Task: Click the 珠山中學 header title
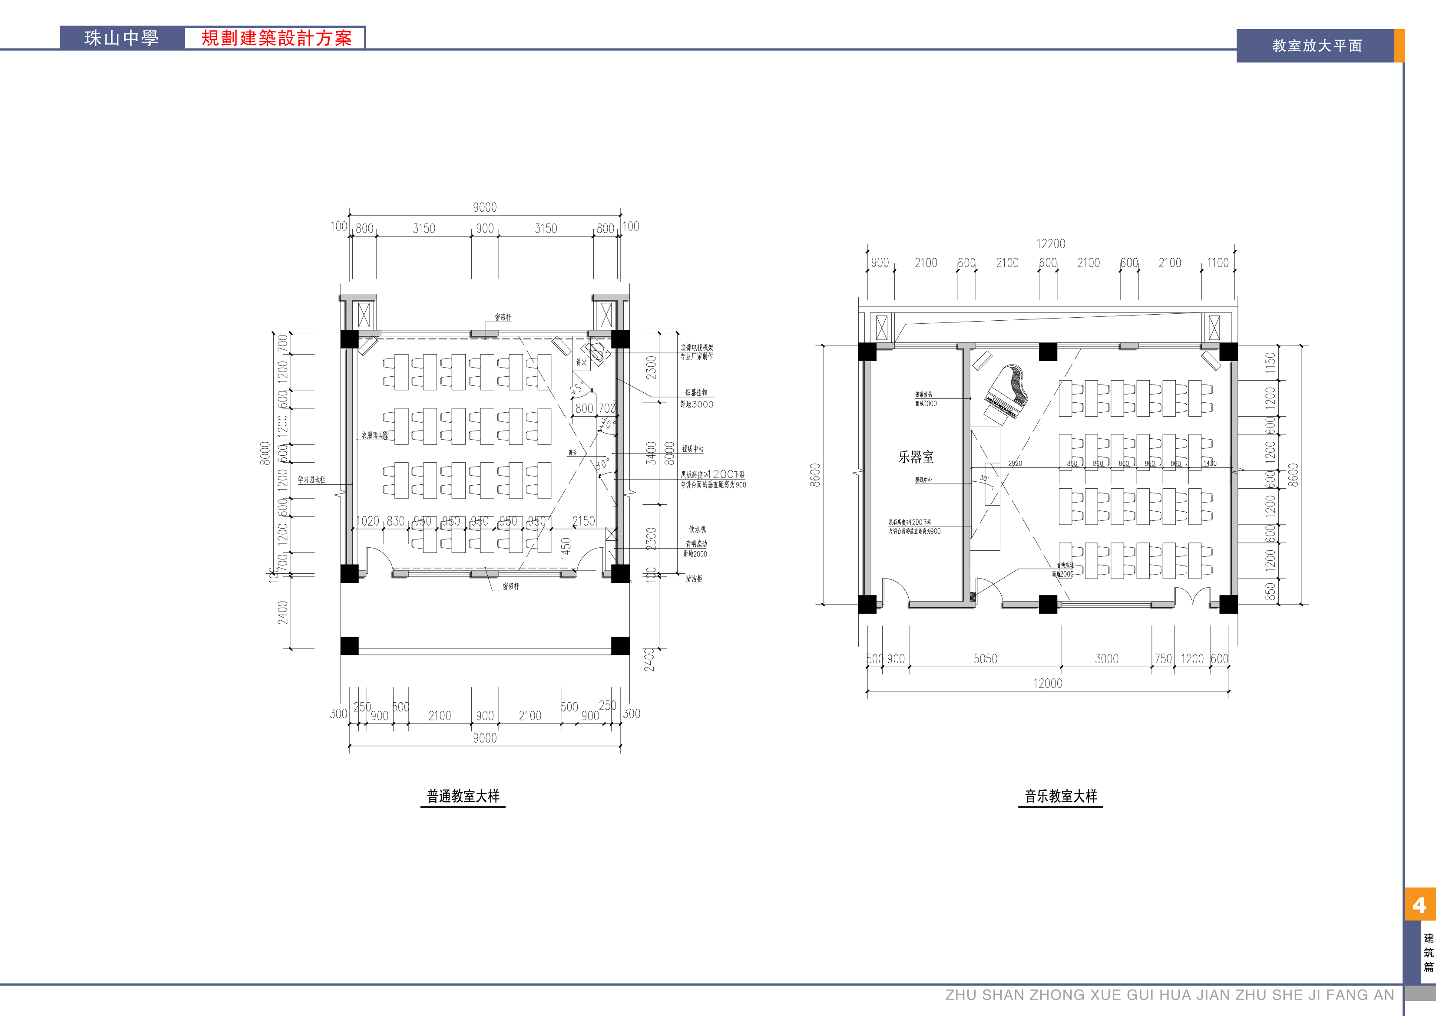122,38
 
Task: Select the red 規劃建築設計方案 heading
276,38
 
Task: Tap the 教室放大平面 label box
1317,46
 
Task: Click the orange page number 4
1419,905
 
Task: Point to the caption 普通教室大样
463,796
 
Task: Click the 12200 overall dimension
1050,244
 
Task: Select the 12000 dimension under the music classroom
1047,683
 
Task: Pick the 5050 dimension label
985,659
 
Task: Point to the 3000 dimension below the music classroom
1106,659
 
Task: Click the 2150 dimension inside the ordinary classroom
583,521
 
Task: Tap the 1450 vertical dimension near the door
566,548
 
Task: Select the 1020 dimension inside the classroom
367,521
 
